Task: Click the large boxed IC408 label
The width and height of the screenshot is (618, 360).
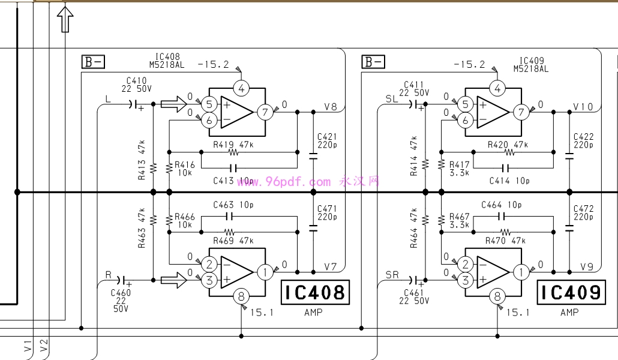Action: pyautogui.click(x=316, y=293)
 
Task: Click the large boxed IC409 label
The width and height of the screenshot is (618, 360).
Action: pyautogui.click(x=571, y=293)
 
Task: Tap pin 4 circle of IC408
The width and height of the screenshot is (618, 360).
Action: pyautogui.click(x=241, y=88)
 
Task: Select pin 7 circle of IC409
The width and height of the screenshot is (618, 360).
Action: pyautogui.click(x=521, y=112)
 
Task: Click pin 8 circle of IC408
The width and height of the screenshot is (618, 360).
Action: pyautogui.click(x=241, y=296)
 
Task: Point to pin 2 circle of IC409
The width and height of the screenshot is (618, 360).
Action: pyautogui.click(x=466, y=264)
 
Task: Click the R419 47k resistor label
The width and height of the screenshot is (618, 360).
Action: pyautogui.click(x=233, y=145)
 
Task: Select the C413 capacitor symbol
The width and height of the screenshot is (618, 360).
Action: pyautogui.click(x=233, y=169)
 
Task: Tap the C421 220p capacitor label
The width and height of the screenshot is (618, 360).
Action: pyautogui.click(x=327, y=141)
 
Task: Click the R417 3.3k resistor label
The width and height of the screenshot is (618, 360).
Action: pyautogui.click(x=459, y=169)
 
